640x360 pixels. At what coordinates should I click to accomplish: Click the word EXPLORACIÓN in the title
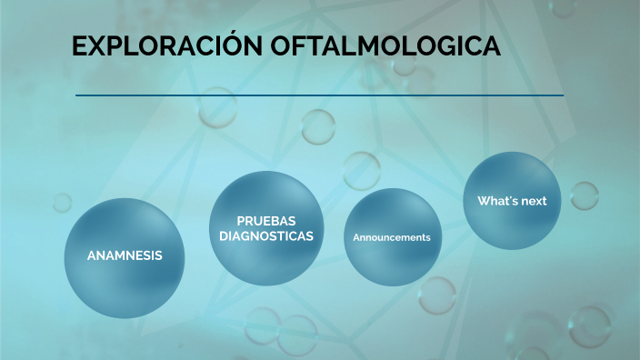pos(167,47)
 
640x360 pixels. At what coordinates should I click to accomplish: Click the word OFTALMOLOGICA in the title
pos(385,47)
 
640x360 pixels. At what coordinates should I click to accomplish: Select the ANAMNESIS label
pos(125,255)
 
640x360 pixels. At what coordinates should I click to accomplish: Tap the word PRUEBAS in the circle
pos(266,221)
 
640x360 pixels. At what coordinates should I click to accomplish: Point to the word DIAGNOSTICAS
pos(266,235)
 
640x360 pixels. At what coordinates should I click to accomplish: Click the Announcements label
pos(392,237)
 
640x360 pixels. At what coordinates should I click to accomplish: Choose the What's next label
pos(512,201)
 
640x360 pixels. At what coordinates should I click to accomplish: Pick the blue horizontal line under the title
pos(319,95)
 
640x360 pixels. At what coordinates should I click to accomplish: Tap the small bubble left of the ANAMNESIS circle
pos(62,202)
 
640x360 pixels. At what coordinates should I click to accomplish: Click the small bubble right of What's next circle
pos(584,195)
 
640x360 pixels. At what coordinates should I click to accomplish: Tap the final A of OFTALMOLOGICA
pos(491,47)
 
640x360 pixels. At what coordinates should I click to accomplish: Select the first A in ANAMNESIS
pos(91,255)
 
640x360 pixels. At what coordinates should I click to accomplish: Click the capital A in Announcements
pos(356,237)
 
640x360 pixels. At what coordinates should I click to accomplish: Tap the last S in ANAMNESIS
pos(158,255)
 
